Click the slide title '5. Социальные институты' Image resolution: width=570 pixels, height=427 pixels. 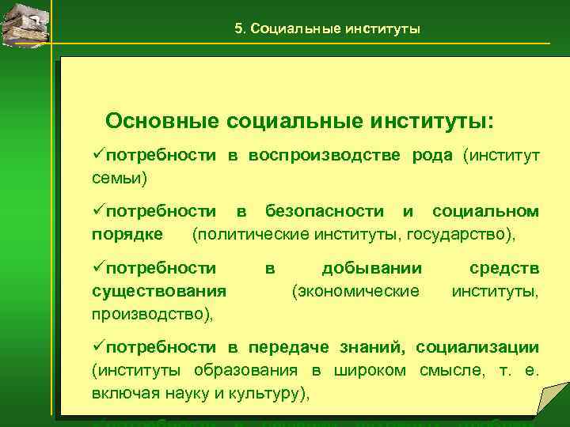coord(327,29)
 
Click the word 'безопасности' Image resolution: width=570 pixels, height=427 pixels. coord(328,212)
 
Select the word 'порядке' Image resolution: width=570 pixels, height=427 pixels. coord(127,234)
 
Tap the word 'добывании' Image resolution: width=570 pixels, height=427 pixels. coord(371,269)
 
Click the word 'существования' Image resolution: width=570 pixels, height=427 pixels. coord(159,291)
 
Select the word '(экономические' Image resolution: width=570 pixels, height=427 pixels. coord(355,291)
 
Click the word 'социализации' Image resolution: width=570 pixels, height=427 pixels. coord(477,347)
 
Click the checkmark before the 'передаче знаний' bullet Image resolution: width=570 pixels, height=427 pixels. coord(98,347)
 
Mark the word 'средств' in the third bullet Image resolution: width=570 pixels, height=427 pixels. coord(504,269)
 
